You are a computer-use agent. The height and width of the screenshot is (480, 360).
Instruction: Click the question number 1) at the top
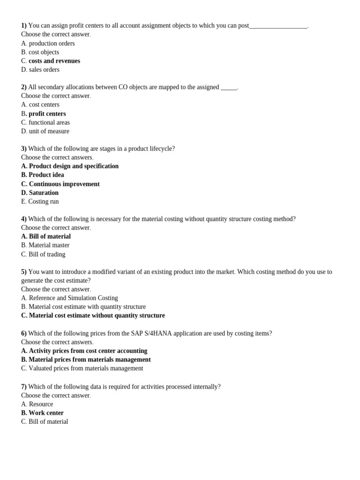[24, 25]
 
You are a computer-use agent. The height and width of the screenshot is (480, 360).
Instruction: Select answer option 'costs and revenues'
[54, 61]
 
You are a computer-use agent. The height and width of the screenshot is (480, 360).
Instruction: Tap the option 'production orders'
[52, 44]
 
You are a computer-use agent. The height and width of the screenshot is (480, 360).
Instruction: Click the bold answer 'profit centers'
[47, 114]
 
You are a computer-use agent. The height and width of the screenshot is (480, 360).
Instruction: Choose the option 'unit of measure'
[49, 131]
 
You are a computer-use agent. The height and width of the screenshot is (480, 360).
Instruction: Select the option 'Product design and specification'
[73, 166]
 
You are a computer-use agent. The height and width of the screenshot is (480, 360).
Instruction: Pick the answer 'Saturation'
[44, 193]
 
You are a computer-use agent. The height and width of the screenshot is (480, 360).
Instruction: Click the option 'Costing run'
[43, 202]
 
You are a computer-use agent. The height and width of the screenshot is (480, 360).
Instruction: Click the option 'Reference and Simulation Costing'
[73, 298]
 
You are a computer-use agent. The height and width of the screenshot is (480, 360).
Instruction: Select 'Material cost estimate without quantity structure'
[97, 315]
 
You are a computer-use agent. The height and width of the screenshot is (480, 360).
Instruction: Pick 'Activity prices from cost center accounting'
[88, 351]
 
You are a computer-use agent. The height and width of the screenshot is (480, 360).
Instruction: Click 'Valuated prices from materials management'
[86, 368]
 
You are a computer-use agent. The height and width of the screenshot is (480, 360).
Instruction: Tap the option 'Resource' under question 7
[41, 404]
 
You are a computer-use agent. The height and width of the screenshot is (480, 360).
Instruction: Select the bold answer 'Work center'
[46, 413]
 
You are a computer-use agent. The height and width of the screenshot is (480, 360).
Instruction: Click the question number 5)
[24, 272]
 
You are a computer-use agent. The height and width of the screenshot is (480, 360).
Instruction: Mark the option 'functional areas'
[49, 122]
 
